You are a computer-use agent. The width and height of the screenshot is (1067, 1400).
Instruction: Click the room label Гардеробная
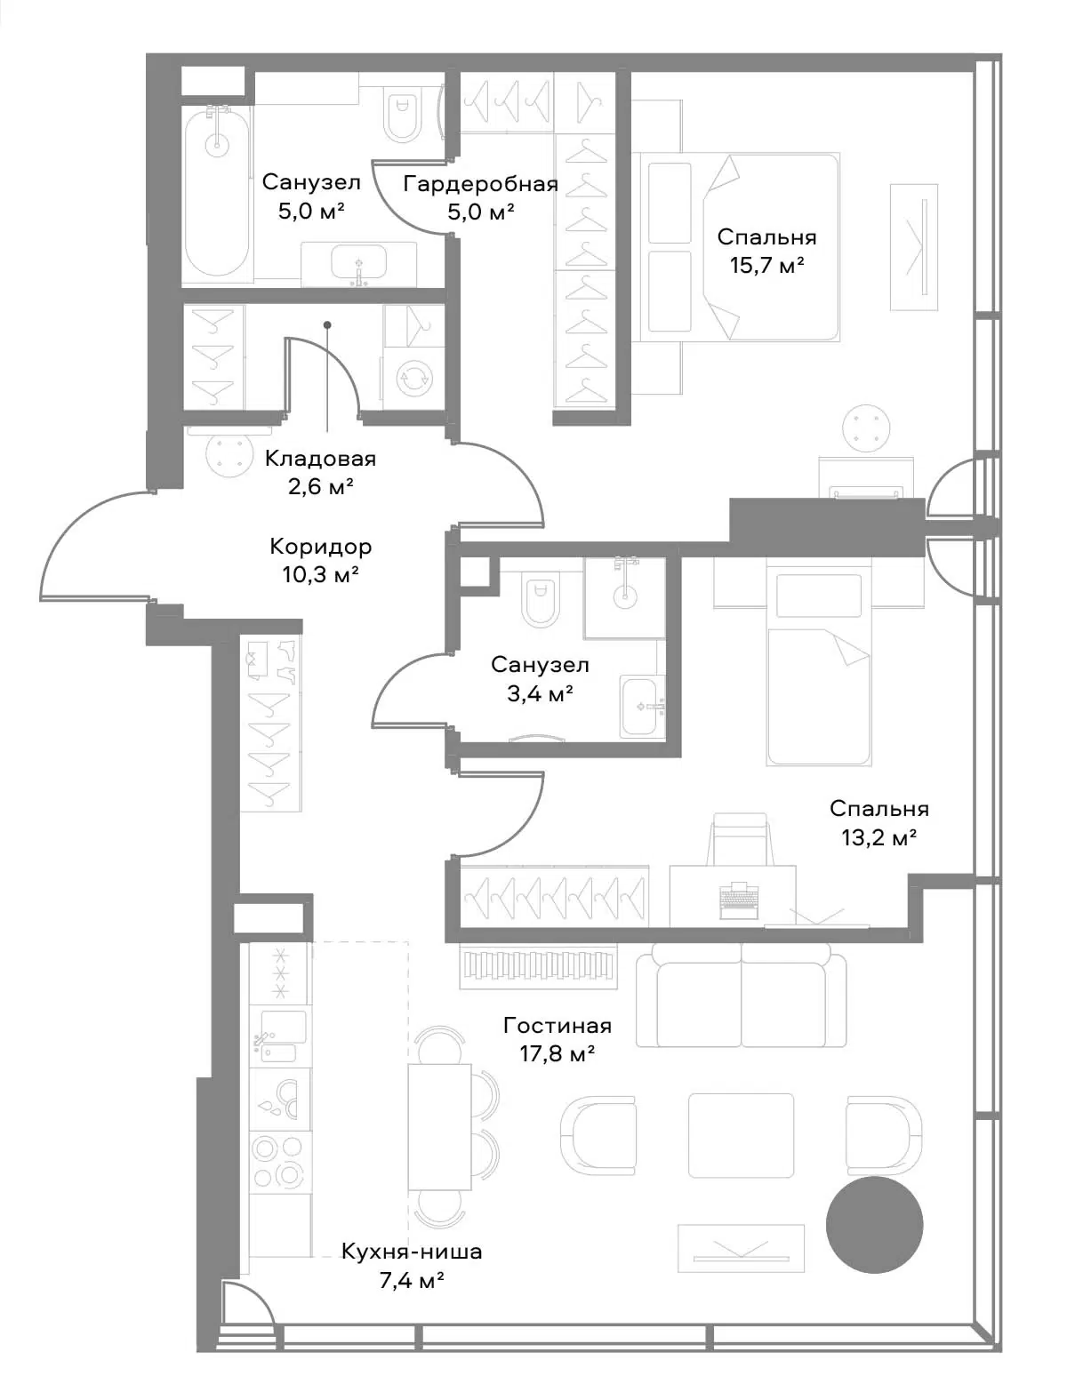(x=480, y=184)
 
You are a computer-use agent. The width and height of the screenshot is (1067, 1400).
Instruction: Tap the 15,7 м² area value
(x=766, y=265)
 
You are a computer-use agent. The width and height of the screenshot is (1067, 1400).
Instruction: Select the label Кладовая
(x=320, y=459)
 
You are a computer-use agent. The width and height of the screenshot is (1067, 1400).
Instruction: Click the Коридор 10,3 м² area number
(x=320, y=574)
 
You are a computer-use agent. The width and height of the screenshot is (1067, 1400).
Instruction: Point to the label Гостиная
(x=558, y=1025)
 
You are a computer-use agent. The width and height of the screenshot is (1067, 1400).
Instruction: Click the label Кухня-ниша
(x=412, y=1252)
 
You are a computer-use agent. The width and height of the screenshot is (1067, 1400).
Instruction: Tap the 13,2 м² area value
(x=878, y=836)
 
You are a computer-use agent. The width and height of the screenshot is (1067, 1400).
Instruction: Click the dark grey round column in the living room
(x=874, y=1226)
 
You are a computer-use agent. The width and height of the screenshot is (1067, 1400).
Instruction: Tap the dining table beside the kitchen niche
(x=439, y=1125)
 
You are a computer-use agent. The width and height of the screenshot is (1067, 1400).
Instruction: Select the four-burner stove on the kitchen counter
(x=279, y=1161)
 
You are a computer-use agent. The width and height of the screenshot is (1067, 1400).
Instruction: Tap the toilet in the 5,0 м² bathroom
(x=404, y=115)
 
